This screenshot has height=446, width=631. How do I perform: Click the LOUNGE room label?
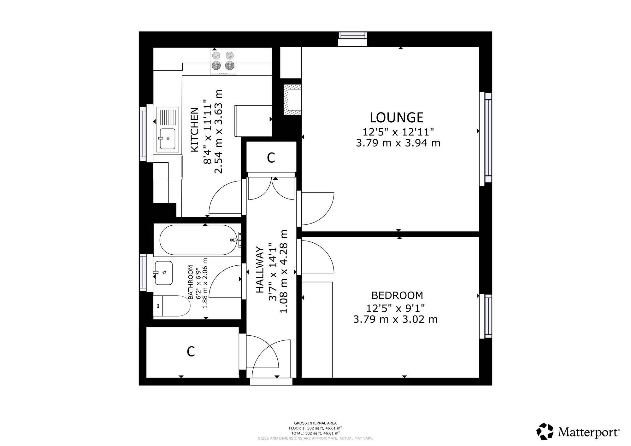click(397, 118)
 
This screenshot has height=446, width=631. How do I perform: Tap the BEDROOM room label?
click(397, 295)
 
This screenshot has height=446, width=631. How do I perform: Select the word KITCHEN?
click(195, 130)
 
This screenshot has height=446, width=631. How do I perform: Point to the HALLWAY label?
click(260, 270)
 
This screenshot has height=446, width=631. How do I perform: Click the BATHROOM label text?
click(190, 282)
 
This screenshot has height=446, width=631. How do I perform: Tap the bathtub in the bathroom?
click(198, 240)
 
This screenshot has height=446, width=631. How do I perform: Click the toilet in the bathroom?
click(172, 306)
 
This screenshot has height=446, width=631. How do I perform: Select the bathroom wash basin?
click(164, 273)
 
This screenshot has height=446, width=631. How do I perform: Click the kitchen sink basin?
click(167, 139)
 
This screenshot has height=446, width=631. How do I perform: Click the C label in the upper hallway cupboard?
click(271, 158)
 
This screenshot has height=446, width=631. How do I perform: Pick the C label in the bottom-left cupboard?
click(191, 351)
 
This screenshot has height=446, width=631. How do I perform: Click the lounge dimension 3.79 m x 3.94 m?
click(398, 143)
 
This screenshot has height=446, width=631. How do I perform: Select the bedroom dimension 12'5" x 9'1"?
click(396, 308)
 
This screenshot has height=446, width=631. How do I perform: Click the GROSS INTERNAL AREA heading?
click(315, 423)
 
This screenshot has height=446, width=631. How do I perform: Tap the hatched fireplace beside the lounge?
click(292, 100)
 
